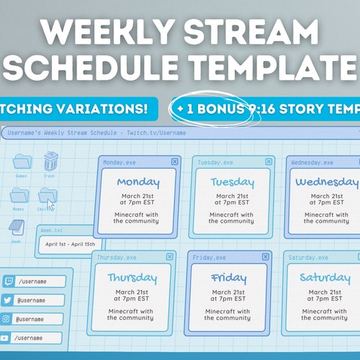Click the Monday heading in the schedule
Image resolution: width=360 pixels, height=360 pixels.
pyautogui.click(x=138, y=182)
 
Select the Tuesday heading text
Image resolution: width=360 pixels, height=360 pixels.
pyautogui.click(x=232, y=182)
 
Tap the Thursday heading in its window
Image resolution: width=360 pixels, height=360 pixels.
pyautogui.click(x=132, y=277)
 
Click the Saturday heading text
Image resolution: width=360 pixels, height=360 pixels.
pyautogui.click(x=325, y=277)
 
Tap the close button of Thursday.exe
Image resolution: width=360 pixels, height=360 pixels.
pyautogui.click(x=170, y=257)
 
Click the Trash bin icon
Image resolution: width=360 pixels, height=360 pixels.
pyautogui.click(x=51, y=161)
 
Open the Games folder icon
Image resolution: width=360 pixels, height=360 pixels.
pyautogui.click(x=22, y=162)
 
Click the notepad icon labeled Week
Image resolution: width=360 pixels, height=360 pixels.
pyautogui.click(x=17, y=228)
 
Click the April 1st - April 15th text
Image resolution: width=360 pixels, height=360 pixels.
pyautogui.click(x=71, y=244)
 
